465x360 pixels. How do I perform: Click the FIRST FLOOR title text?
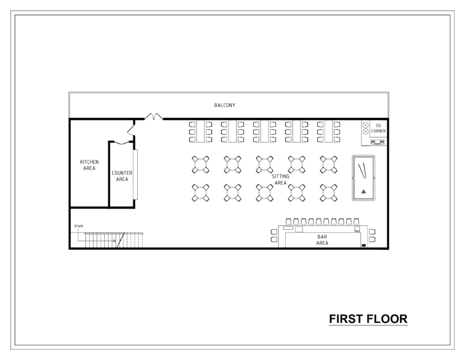coord(368,319)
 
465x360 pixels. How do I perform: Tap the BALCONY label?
coord(225,105)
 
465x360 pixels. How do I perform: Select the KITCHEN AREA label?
coord(89,165)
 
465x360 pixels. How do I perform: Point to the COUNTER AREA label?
coord(122,176)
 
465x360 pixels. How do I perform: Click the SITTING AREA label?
coord(280,179)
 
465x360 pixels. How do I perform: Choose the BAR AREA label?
coord(322,240)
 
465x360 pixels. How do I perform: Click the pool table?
coord(364,178)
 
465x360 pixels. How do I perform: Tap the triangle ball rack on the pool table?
coord(363,191)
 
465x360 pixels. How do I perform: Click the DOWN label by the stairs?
coord(79,226)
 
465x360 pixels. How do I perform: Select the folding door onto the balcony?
coord(154,117)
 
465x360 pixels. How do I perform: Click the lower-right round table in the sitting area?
coord(328,192)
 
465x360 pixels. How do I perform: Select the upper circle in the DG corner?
coord(366,125)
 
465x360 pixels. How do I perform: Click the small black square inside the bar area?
coord(363,245)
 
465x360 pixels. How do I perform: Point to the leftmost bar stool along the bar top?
coord(288,222)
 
